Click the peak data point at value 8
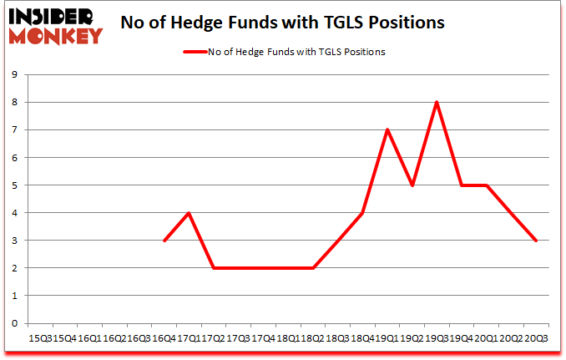[x=437, y=102]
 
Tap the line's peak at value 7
[x=387, y=129]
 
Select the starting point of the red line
[x=164, y=241]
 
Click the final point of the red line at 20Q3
[x=536, y=241]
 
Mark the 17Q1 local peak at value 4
[x=190, y=213]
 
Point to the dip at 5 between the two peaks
[x=412, y=185]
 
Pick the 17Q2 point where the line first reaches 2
[x=214, y=268]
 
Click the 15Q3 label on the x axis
[x=40, y=339]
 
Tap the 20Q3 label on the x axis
[x=536, y=339]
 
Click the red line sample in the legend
[x=197, y=52]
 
